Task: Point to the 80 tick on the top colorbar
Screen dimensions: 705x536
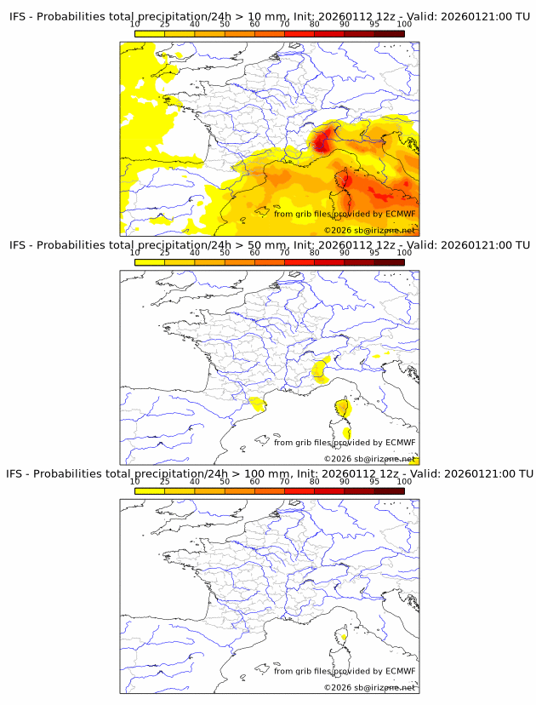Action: tap(314, 24)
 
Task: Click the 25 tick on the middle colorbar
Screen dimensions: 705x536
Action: tap(165, 253)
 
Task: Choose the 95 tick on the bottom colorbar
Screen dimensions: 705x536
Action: tap(374, 481)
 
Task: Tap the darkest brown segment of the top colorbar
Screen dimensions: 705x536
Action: tap(389, 33)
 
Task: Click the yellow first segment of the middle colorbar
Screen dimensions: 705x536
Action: tap(150, 262)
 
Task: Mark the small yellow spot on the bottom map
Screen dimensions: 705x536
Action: tap(344, 633)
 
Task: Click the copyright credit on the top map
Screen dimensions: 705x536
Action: tap(369, 230)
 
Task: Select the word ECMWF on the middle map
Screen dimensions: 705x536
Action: tap(400, 442)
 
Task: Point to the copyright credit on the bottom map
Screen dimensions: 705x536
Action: tap(369, 686)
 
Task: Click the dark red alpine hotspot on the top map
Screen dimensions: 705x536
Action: tap(321, 140)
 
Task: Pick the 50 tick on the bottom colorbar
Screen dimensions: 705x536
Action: tap(225, 481)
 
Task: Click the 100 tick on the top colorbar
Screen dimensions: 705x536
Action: tap(404, 24)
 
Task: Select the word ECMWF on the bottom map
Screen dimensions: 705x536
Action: tap(400, 671)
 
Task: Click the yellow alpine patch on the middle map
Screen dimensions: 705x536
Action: tap(321, 369)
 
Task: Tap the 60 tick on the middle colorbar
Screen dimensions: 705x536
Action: tap(254, 253)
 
